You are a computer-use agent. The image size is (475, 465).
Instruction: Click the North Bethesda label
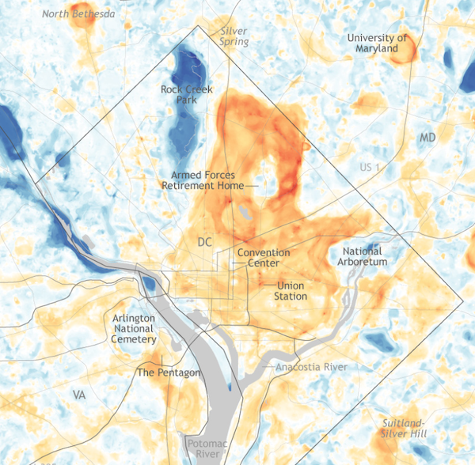coord(78,13)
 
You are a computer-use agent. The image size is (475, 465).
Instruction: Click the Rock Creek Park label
coord(187,95)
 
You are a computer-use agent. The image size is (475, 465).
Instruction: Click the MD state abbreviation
coord(427,138)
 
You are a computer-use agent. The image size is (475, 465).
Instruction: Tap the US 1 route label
coord(370,168)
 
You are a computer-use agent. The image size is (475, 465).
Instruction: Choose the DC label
coord(204,241)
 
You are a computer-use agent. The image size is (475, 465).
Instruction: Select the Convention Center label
coord(264,258)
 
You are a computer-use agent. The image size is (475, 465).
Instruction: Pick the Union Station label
coord(291,290)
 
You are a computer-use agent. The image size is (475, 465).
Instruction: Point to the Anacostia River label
coord(311,367)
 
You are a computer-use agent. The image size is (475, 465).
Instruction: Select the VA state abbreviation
coord(78,394)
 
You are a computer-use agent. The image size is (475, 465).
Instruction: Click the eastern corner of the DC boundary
coord(462,301)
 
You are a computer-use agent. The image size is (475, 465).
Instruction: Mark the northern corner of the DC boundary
coord(197,25)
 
